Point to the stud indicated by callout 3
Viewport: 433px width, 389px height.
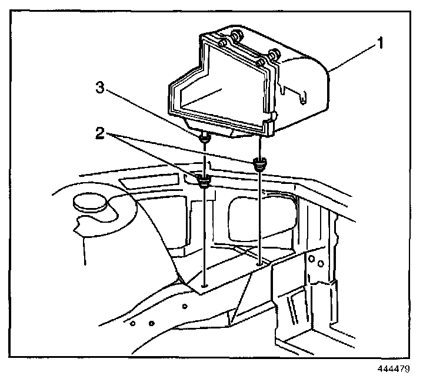(x=204, y=139)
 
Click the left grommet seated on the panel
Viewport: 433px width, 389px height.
(x=204, y=180)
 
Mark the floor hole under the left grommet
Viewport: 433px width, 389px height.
(x=204, y=286)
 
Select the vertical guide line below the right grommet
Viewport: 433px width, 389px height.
(x=258, y=217)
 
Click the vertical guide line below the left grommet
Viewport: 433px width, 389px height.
(x=204, y=235)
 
